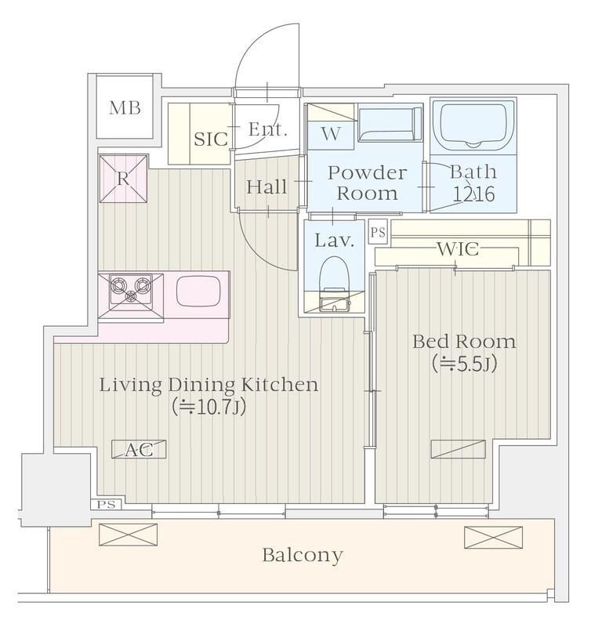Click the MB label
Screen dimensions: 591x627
pos(125,108)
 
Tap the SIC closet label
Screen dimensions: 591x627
pos(210,140)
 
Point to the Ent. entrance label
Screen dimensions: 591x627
pos(267,129)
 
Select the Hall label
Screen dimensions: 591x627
pos(266,187)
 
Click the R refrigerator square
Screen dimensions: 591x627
pos(123,179)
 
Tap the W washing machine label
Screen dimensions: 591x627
pos(331,134)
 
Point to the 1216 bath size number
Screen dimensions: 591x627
pos(474,194)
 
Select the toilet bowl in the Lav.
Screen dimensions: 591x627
pos(335,275)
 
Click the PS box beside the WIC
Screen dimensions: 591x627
pos(378,232)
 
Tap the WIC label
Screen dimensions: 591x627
pos(458,249)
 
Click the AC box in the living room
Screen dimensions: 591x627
pos(139,449)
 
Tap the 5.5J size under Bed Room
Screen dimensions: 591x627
pos(464,364)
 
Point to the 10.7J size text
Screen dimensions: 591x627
pos(208,407)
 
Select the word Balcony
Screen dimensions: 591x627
pos(303,556)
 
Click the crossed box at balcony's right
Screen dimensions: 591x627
pos(494,538)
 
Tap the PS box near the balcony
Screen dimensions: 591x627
pos(106,505)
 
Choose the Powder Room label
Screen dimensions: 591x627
pos(367,183)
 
